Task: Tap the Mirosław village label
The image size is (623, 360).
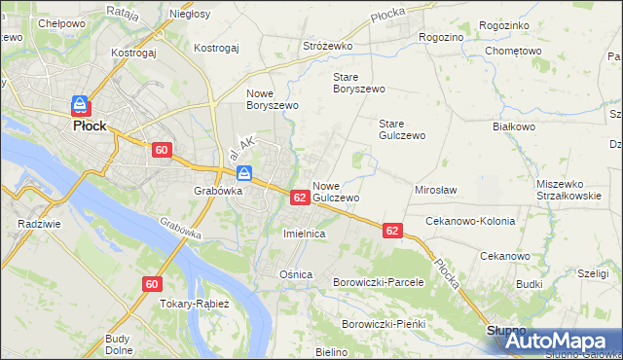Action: coord(436,191)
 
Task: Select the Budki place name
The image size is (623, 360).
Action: coord(530,284)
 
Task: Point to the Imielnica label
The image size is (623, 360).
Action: coord(303,234)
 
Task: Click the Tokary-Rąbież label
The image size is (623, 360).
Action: coord(194,304)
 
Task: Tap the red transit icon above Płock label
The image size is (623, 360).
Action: coord(80,105)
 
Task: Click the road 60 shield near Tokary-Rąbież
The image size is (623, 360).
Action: coord(151,284)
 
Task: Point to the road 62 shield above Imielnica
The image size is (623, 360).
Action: coord(300,198)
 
